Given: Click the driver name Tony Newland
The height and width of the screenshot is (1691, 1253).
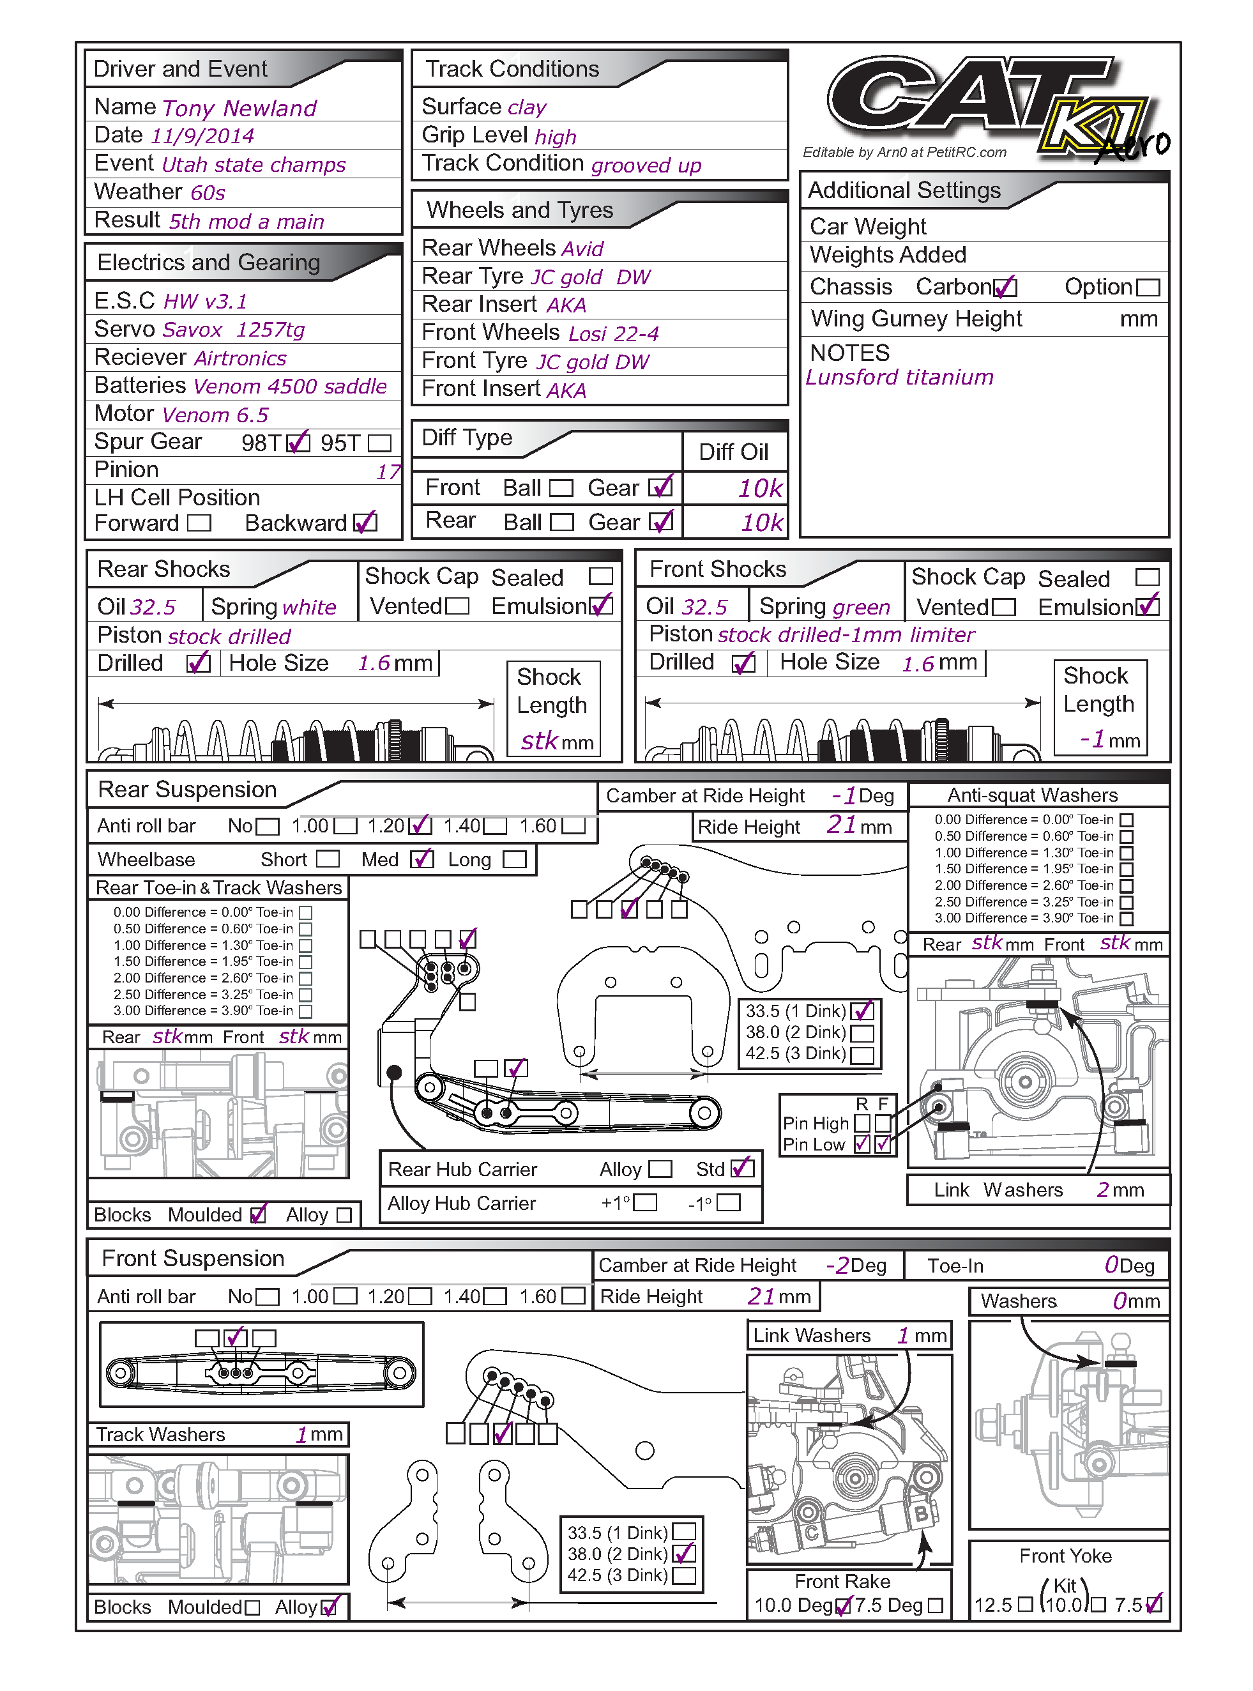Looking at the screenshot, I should click(x=239, y=109).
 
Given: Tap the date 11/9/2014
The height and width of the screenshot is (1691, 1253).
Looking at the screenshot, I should click(x=202, y=137).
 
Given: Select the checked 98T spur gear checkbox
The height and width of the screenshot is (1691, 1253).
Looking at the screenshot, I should click(x=300, y=442).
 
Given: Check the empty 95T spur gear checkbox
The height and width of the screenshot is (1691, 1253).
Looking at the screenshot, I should click(x=379, y=443).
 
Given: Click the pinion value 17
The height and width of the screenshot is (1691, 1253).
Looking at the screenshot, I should click(x=388, y=472).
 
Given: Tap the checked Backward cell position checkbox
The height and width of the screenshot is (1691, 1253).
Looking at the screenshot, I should click(x=365, y=523).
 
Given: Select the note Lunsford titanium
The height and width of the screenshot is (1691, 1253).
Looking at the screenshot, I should click(x=899, y=378).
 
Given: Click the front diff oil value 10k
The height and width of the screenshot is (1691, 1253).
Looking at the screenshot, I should click(x=760, y=489).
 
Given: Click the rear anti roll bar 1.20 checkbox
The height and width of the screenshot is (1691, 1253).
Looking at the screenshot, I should click(x=420, y=825).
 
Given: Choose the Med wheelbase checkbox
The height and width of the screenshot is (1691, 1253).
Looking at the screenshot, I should click(x=421, y=859).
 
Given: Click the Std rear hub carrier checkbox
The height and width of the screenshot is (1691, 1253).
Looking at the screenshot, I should click(x=742, y=1168).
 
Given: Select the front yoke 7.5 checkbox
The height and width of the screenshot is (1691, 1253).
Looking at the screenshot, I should click(x=1153, y=1605).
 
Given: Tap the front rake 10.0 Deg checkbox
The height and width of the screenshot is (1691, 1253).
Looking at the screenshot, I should click(x=842, y=1606).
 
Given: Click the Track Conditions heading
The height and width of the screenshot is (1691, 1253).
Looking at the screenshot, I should click(x=512, y=69).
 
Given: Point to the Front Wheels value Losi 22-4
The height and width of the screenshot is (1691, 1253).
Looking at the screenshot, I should click(x=613, y=334).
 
